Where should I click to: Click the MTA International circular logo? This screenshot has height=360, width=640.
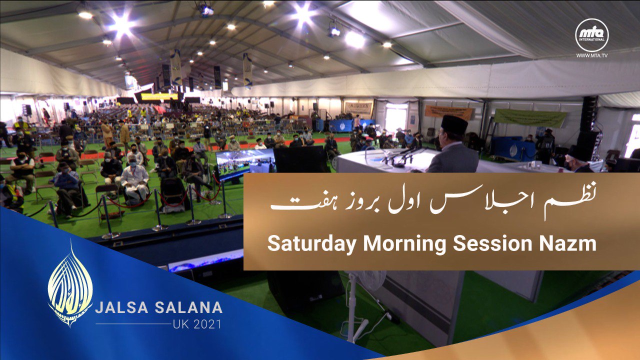click(x=591, y=35)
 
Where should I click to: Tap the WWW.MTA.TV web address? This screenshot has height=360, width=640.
click(x=591, y=55)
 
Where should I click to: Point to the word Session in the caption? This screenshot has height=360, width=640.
click(x=492, y=243)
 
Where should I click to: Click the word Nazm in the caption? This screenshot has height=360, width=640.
click(x=567, y=243)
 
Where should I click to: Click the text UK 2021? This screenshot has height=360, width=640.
click(x=197, y=324)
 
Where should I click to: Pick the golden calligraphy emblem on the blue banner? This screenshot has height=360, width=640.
click(x=70, y=285)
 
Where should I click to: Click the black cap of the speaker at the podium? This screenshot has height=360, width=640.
click(x=454, y=124)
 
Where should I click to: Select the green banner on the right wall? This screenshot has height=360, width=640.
click(x=530, y=118)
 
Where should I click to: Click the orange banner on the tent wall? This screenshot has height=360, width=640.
click(x=448, y=112)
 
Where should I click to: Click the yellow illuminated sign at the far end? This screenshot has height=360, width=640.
click(x=159, y=96)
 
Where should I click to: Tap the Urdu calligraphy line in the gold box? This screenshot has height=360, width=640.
click(x=433, y=202)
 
